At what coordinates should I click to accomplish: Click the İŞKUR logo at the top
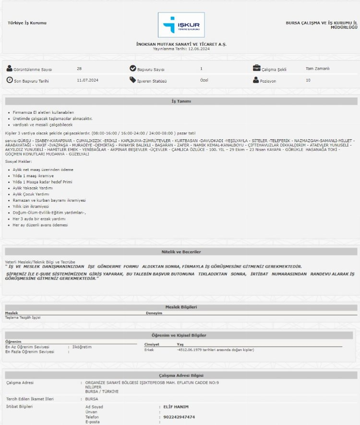pyautogui.click(x=181, y=25)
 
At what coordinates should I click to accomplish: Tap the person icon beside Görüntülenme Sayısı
pyautogui.click(x=10, y=68)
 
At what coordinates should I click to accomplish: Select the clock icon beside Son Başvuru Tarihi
pyautogui.click(x=10, y=80)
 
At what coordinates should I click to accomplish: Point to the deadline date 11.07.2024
pyautogui.click(x=87, y=80)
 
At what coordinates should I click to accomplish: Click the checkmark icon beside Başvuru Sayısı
pyautogui.click(x=133, y=68)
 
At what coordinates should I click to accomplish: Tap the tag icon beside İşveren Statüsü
pyautogui.click(x=133, y=80)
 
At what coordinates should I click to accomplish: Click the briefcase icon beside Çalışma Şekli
pyautogui.click(x=257, y=68)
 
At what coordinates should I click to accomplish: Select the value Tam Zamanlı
pyautogui.click(x=317, y=69)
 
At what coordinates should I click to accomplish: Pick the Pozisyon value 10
pyautogui.click(x=308, y=80)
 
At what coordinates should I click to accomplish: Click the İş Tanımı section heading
pyautogui.click(x=181, y=101)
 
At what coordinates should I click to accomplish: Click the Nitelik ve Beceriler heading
pyautogui.click(x=181, y=252)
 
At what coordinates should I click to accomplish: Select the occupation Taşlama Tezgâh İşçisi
pyautogui.click(x=23, y=317)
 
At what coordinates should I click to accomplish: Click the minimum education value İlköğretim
pyautogui.click(x=82, y=347)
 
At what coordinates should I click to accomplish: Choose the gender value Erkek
pyautogui.click(x=149, y=350)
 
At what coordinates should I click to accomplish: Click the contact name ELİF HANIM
pyautogui.click(x=177, y=407)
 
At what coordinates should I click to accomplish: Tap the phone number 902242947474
pyautogui.click(x=179, y=417)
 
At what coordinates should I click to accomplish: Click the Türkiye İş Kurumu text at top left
pyautogui.click(x=27, y=23)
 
